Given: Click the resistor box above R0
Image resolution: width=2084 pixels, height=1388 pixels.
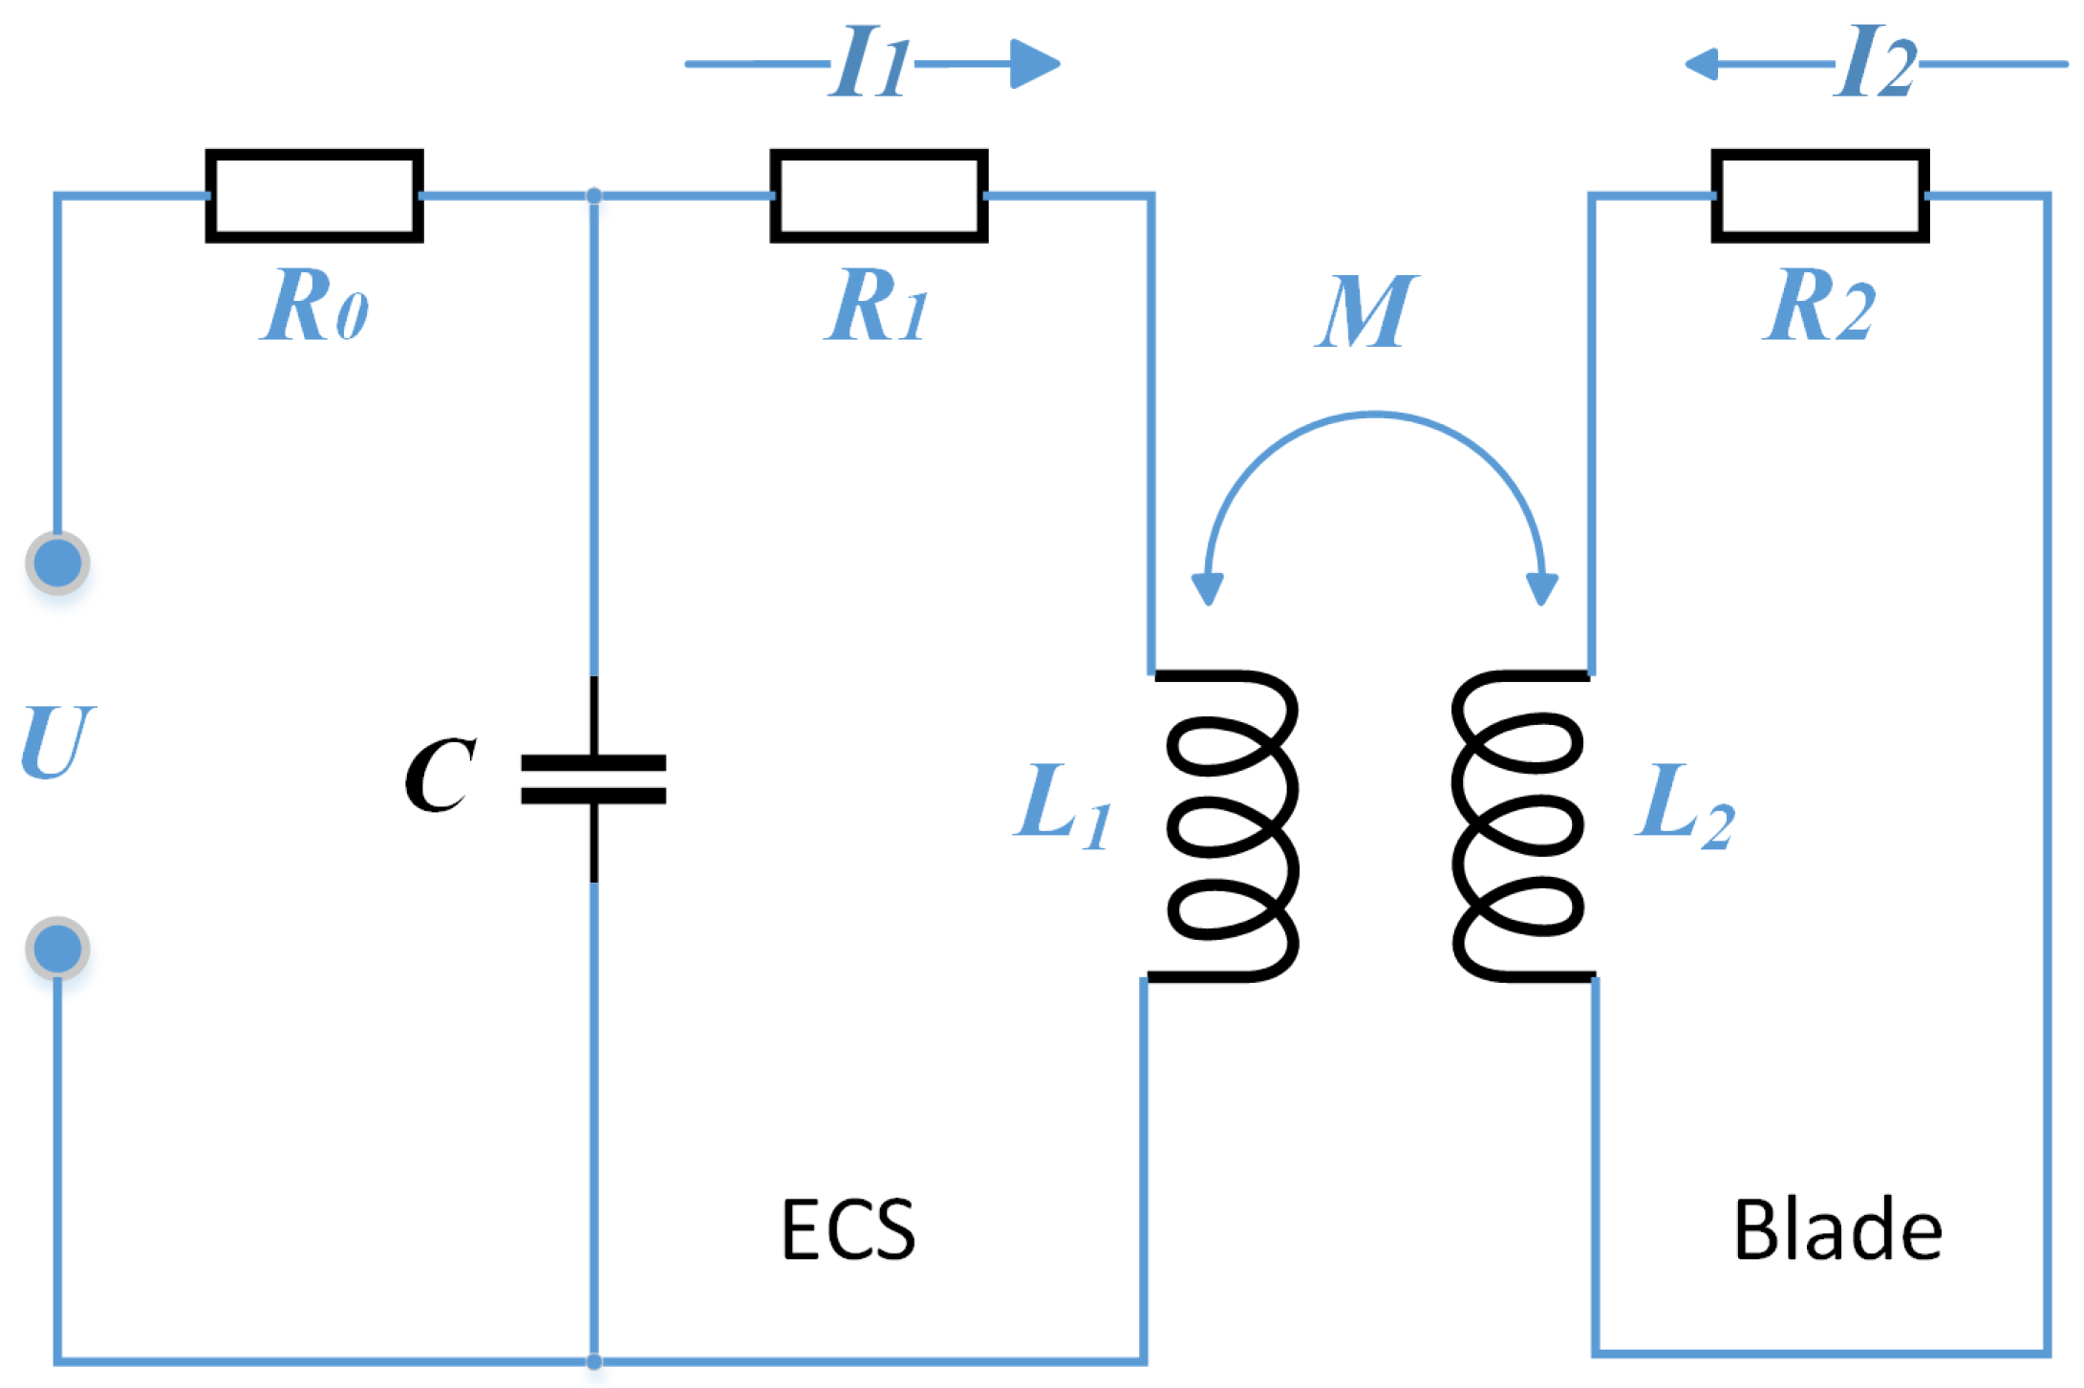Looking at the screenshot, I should tap(314, 196).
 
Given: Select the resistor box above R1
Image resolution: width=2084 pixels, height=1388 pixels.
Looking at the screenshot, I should tap(879, 196).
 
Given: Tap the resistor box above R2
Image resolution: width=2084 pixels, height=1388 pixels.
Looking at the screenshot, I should tap(1820, 196).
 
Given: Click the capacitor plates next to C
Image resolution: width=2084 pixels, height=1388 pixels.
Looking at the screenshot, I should tap(593, 779).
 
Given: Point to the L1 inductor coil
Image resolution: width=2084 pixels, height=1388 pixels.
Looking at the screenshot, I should tap(1228, 826).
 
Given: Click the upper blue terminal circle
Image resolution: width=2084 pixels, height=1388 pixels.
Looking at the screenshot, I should tap(57, 563).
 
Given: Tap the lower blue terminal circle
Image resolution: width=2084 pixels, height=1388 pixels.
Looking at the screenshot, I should tap(57, 949).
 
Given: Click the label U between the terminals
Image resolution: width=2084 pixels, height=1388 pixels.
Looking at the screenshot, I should tap(57, 742).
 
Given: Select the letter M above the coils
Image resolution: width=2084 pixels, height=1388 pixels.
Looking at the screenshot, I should tap(1366, 311).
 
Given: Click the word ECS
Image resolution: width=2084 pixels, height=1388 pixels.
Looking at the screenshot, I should tap(848, 1230).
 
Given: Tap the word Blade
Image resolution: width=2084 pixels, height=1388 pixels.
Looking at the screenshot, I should tap(1837, 1230).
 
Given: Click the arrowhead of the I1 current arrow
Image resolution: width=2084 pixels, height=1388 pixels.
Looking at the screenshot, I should tap(1036, 64).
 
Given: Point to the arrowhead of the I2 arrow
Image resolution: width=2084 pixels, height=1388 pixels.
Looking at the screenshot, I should tap(1703, 64).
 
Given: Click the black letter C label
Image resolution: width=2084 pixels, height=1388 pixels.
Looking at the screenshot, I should tap(440, 775).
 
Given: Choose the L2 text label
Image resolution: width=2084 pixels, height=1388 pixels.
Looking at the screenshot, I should tap(1684, 804).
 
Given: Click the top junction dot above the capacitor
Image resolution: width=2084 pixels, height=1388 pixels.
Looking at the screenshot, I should tap(593, 196).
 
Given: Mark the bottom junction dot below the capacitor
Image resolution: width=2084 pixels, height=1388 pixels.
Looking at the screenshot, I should tap(593, 1361).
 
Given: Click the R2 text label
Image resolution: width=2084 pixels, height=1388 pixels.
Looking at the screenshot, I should tap(1818, 306).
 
